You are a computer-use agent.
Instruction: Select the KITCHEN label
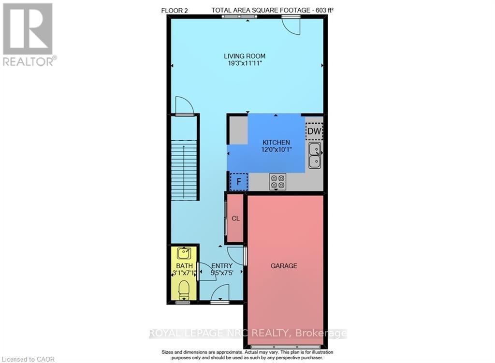pyautogui.click(x=276, y=143)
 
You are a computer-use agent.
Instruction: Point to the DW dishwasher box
pyautogui.click(x=314, y=131)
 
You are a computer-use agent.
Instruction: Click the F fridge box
pyautogui.click(x=238, y=182)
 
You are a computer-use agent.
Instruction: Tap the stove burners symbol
pyautogui.click(x=277, y=181)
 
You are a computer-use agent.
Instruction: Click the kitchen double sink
pyautogui.click(x=314, y=155)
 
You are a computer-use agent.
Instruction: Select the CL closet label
pyautogui.click(x=235, y=218)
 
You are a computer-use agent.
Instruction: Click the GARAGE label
pyautogui.click(x=284, y=266)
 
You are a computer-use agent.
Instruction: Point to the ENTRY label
pyautogui.click(x=222, y=266)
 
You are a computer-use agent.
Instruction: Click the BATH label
pyautogui.click(x=184, y=266)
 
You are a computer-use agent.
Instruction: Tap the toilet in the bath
pyautogui.click(x=184, y=290)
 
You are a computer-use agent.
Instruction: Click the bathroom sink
pyautogui.click(x=184, y=253)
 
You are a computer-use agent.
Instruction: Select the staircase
pyautogui.click(x=184, y=160)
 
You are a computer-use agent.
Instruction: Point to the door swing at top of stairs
pyautogui.click(x=184, y=105)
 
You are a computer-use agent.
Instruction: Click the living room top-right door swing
pyautogui.click(x=291, y=25)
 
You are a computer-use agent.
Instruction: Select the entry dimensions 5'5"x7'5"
pyautogui.click(x=222, y=273)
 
